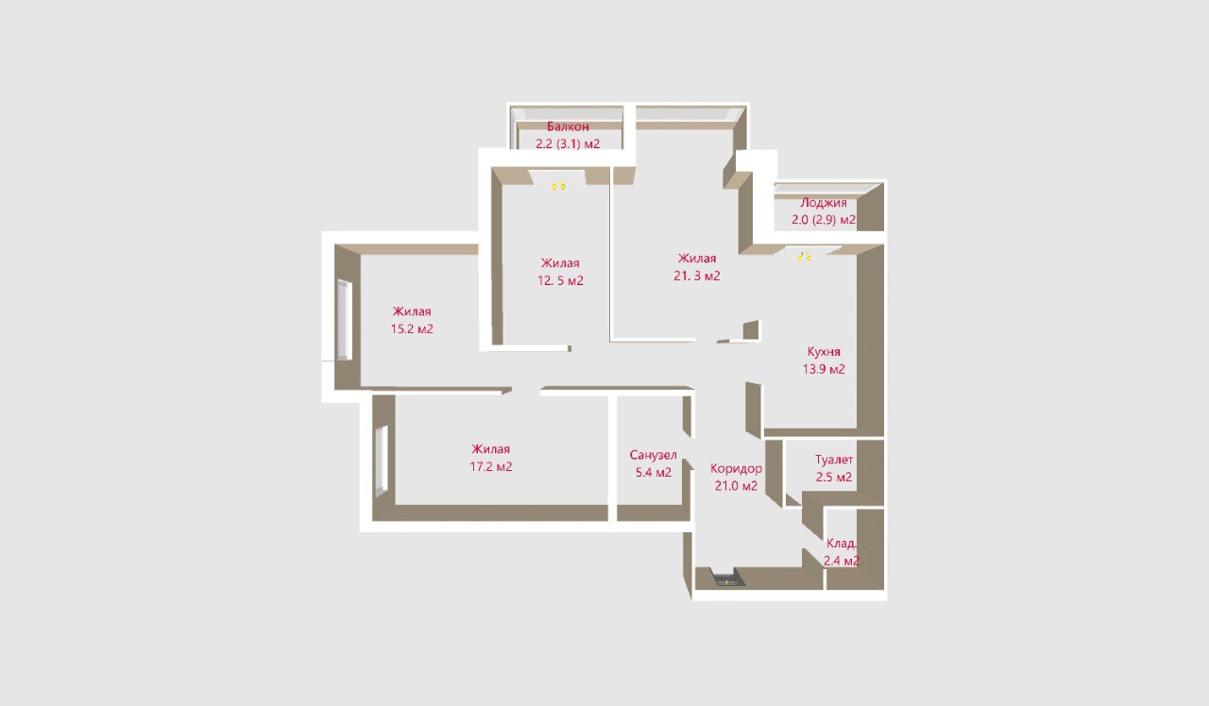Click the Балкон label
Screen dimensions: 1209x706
(x=568, y=126)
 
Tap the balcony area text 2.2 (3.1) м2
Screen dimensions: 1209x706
(x=568, y=144)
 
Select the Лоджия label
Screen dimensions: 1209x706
(x=823, y=203)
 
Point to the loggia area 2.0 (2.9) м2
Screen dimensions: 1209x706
(x=824, y=220)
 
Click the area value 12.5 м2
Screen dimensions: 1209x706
(x=560, y=280)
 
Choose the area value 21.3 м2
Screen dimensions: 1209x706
(x=697, y=276)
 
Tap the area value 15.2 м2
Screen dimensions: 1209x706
(x=412, y=328)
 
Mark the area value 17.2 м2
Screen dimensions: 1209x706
(x=490, y=466)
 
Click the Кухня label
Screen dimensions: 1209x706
(x=824, y=352)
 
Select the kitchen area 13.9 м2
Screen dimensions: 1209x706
(x=824, y=369)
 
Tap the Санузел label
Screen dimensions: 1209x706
(x=653, y=455)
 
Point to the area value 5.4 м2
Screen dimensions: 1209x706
(x=653, y=473)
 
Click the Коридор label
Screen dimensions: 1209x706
(x=736, y=469)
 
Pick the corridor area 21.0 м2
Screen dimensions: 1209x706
(x=736, y=486)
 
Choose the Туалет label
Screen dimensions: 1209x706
(x=834, y=460)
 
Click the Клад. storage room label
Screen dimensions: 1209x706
(x=841, y=544)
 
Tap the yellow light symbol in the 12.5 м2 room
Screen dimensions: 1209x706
(x=558, y=186)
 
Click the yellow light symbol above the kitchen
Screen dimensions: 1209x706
(x=805, y=257)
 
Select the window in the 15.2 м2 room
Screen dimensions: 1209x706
(x=344, y=320)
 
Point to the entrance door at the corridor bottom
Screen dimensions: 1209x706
(x=728, y=580)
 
